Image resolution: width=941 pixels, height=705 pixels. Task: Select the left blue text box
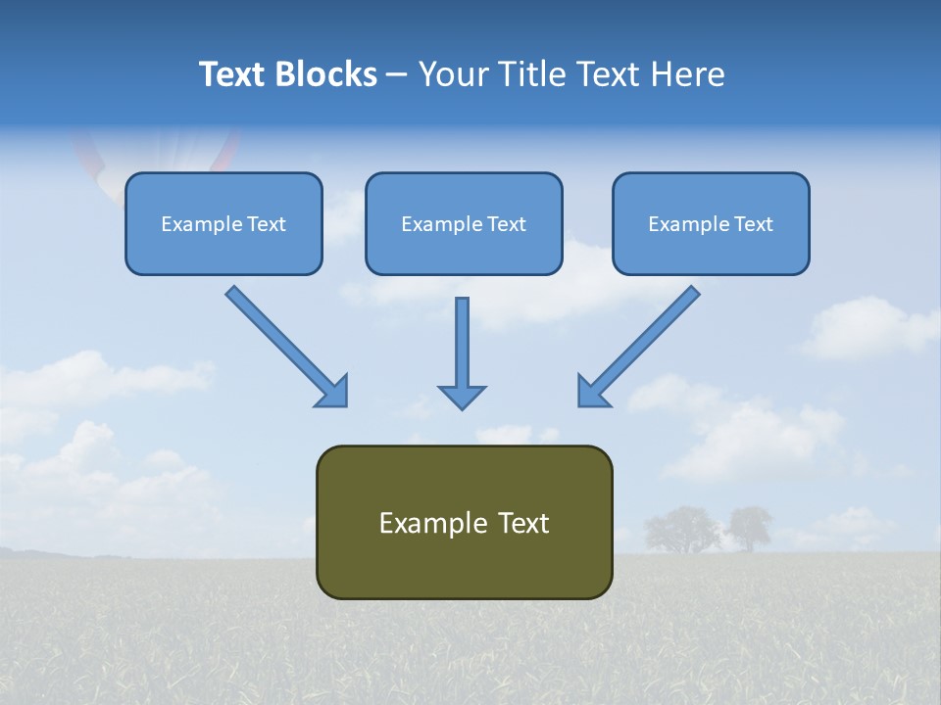(223, 223)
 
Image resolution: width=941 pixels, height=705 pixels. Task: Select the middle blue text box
(464, 223)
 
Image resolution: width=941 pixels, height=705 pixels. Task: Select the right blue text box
(711, 223)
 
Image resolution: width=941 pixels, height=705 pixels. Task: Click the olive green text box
(464, 522)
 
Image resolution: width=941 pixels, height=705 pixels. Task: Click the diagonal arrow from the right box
(642, 343)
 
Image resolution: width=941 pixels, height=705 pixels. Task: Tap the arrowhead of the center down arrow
(462, 397)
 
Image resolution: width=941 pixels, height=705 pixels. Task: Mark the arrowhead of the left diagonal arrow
(333, 392)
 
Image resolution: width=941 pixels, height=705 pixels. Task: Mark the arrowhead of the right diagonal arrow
(592, 392)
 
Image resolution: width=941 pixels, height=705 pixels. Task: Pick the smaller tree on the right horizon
(750, 528)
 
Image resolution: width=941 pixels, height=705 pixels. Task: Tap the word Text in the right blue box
(753, 224)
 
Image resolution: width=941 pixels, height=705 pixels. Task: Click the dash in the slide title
(397, 74)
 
